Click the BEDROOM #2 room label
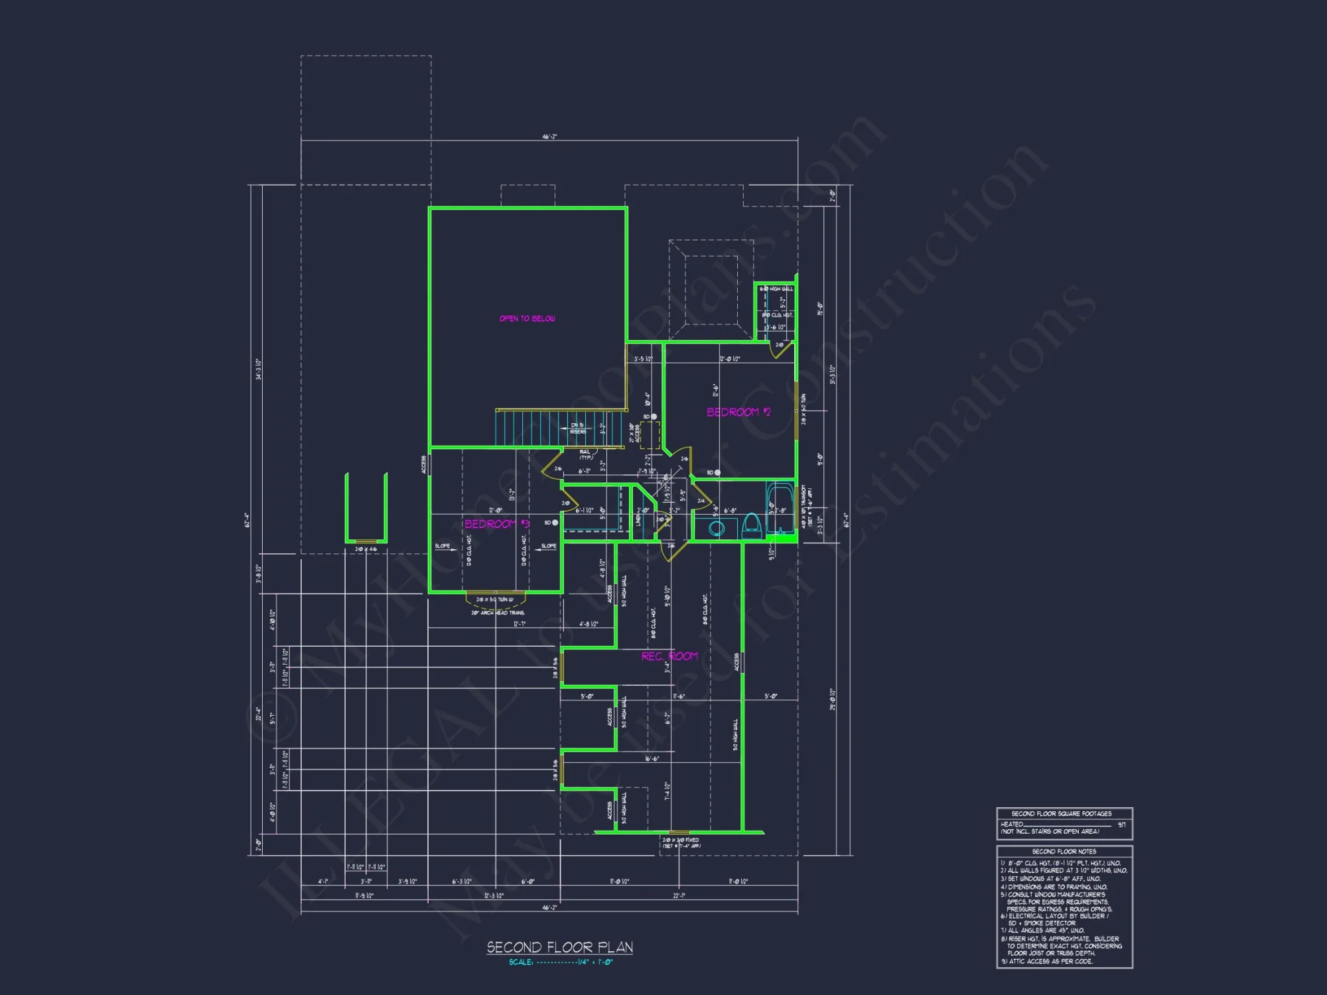[738, 412]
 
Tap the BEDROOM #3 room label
[496, 524]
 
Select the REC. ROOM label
[669, 656]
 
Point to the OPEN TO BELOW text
[527, 318]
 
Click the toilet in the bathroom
[751, 525]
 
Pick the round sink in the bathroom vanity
[716, 528]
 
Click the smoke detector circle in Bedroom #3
[555, 523]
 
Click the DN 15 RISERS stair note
[578, 429]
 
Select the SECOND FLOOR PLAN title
[559, 947]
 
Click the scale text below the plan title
[561, 962]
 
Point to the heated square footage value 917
[1121, 825]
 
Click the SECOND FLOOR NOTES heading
[1064, 851]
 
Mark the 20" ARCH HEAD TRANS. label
[498, 613]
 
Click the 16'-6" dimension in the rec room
[652, 759]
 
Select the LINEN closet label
[638, 519]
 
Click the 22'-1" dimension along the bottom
[679, 895]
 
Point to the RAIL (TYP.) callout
[586, 454]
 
